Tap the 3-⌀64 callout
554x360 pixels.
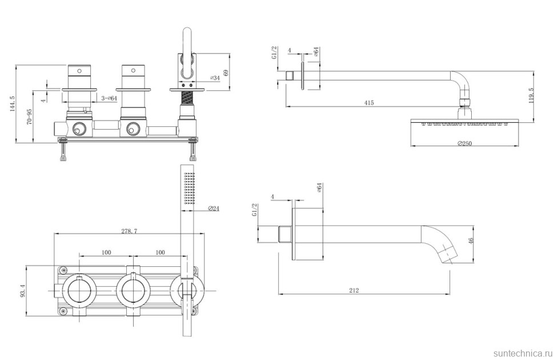pos(109,98)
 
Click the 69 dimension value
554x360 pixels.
pos(226,73)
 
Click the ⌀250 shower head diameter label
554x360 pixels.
pos(464,143)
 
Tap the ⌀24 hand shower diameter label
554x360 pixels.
pos(214,209)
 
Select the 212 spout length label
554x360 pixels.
pos(354,290)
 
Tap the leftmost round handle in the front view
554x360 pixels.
pos(77,290)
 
